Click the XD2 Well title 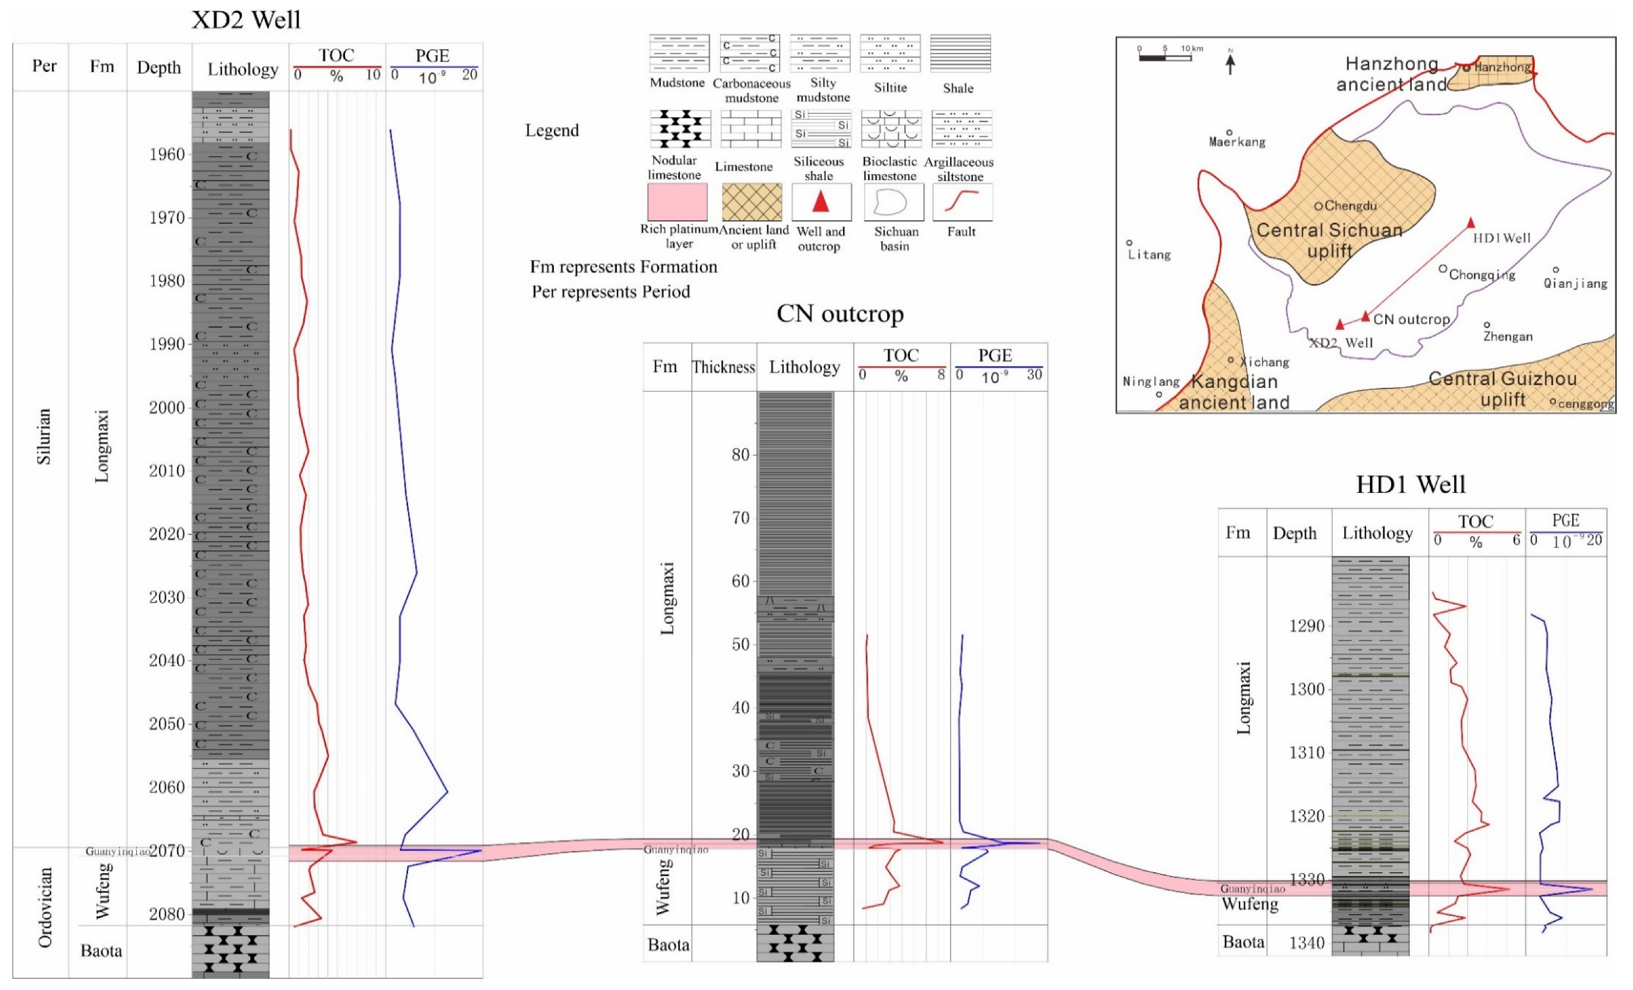[246, 20]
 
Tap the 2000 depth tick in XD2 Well [167, 407]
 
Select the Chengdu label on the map [1350, 206]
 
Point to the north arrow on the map [1230, 63]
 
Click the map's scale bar [1165, 57]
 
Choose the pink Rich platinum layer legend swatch [677, 202]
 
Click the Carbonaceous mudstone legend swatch [750, 53]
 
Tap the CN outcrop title [840, 314]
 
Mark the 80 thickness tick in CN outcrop [740, 455]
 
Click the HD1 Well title [1410, 484]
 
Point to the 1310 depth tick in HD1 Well [1306, 753]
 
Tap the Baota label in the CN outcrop [668, 944]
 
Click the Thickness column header [723, 367]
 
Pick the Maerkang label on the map [1237, 142]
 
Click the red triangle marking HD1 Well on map [1471, 223]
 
